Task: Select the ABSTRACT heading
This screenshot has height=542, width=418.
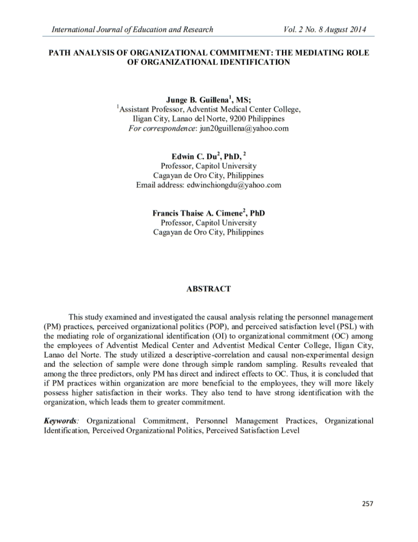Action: (x=209, y=288)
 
